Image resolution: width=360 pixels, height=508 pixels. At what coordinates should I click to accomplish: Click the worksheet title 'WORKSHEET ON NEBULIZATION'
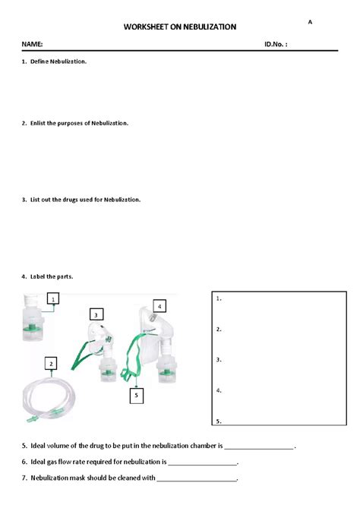(x=179, y=27)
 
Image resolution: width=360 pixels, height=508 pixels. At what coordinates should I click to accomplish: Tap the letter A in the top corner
(x=310, y=22)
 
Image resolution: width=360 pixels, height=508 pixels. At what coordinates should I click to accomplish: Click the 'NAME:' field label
(x=32, y=46)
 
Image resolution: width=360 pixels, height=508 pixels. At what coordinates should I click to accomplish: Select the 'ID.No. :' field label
(x=276, y=46)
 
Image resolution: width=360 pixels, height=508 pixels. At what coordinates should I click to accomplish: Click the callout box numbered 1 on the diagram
(x=54, y=300)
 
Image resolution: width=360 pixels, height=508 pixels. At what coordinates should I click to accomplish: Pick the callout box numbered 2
(x=51, y=364)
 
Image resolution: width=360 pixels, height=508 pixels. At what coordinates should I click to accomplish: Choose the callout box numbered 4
(x=159, y=307)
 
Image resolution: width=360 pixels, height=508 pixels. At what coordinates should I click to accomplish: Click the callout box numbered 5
(x=135, y=395)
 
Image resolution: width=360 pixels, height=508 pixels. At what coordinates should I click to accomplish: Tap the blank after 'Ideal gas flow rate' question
(x=203, y=462)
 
